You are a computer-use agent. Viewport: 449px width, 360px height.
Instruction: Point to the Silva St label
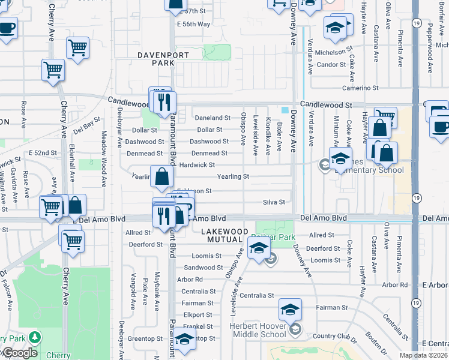pyautogui.click(x=274, y=202)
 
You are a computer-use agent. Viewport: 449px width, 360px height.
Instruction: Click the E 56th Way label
pyautogui.click(x=194, y=24)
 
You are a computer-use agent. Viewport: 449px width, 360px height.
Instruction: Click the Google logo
pyautogui.click(x=19, y=353)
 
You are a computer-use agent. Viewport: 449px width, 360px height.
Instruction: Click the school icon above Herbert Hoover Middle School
pyautogui.click(x=290, y=310)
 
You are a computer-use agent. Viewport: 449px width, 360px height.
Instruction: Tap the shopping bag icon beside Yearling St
pyautogui.click(x=162, y=178)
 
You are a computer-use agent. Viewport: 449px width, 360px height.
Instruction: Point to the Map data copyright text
pyautogui.click(x=424, y=355)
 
